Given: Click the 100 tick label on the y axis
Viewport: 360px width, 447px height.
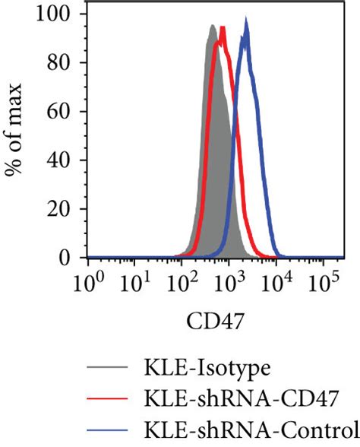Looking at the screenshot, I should (60, 14).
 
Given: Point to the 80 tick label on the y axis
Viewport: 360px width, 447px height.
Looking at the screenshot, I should (65, 63).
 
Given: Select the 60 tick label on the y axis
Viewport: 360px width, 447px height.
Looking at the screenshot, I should (65, 112).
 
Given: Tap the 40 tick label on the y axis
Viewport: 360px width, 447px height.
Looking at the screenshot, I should (65, 160).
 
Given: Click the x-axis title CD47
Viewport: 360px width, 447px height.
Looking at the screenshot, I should (212, 328).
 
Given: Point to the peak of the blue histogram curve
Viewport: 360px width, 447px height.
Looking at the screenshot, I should (245, 21).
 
